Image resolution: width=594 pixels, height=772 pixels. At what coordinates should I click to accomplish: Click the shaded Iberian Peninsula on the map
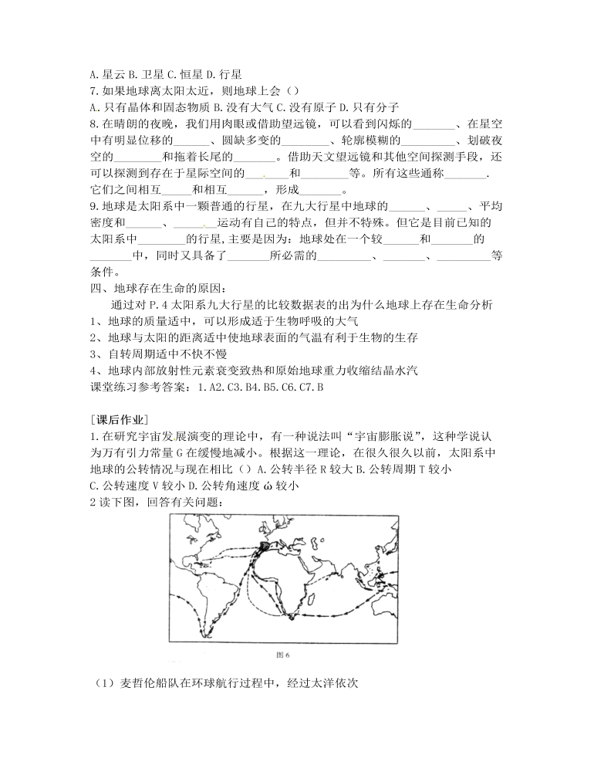click(x=266, y=546)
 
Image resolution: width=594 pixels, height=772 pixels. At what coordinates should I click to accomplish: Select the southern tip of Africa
click(x=291, y=615)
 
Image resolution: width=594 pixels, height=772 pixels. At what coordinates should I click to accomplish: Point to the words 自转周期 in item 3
click(x=131, y=354)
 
